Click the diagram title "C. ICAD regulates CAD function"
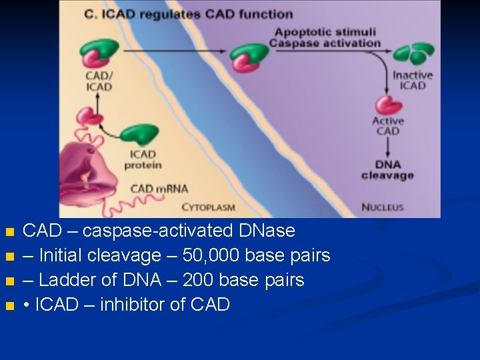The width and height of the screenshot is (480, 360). pos(189,13)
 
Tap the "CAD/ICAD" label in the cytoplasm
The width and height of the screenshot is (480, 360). pos(99,81)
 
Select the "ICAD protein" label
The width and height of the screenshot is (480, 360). pos(143,160)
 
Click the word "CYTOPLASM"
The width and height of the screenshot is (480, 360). pos(208,207)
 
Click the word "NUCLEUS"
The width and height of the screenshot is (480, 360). pos(382,207)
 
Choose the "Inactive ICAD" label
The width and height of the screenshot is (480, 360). pos(412,80)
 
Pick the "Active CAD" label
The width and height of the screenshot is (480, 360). pos(388,126)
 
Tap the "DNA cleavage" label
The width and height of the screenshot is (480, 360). pos(387,170)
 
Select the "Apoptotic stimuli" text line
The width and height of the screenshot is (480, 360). pos(325,32)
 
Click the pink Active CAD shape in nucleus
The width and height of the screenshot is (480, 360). pos(388,105)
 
